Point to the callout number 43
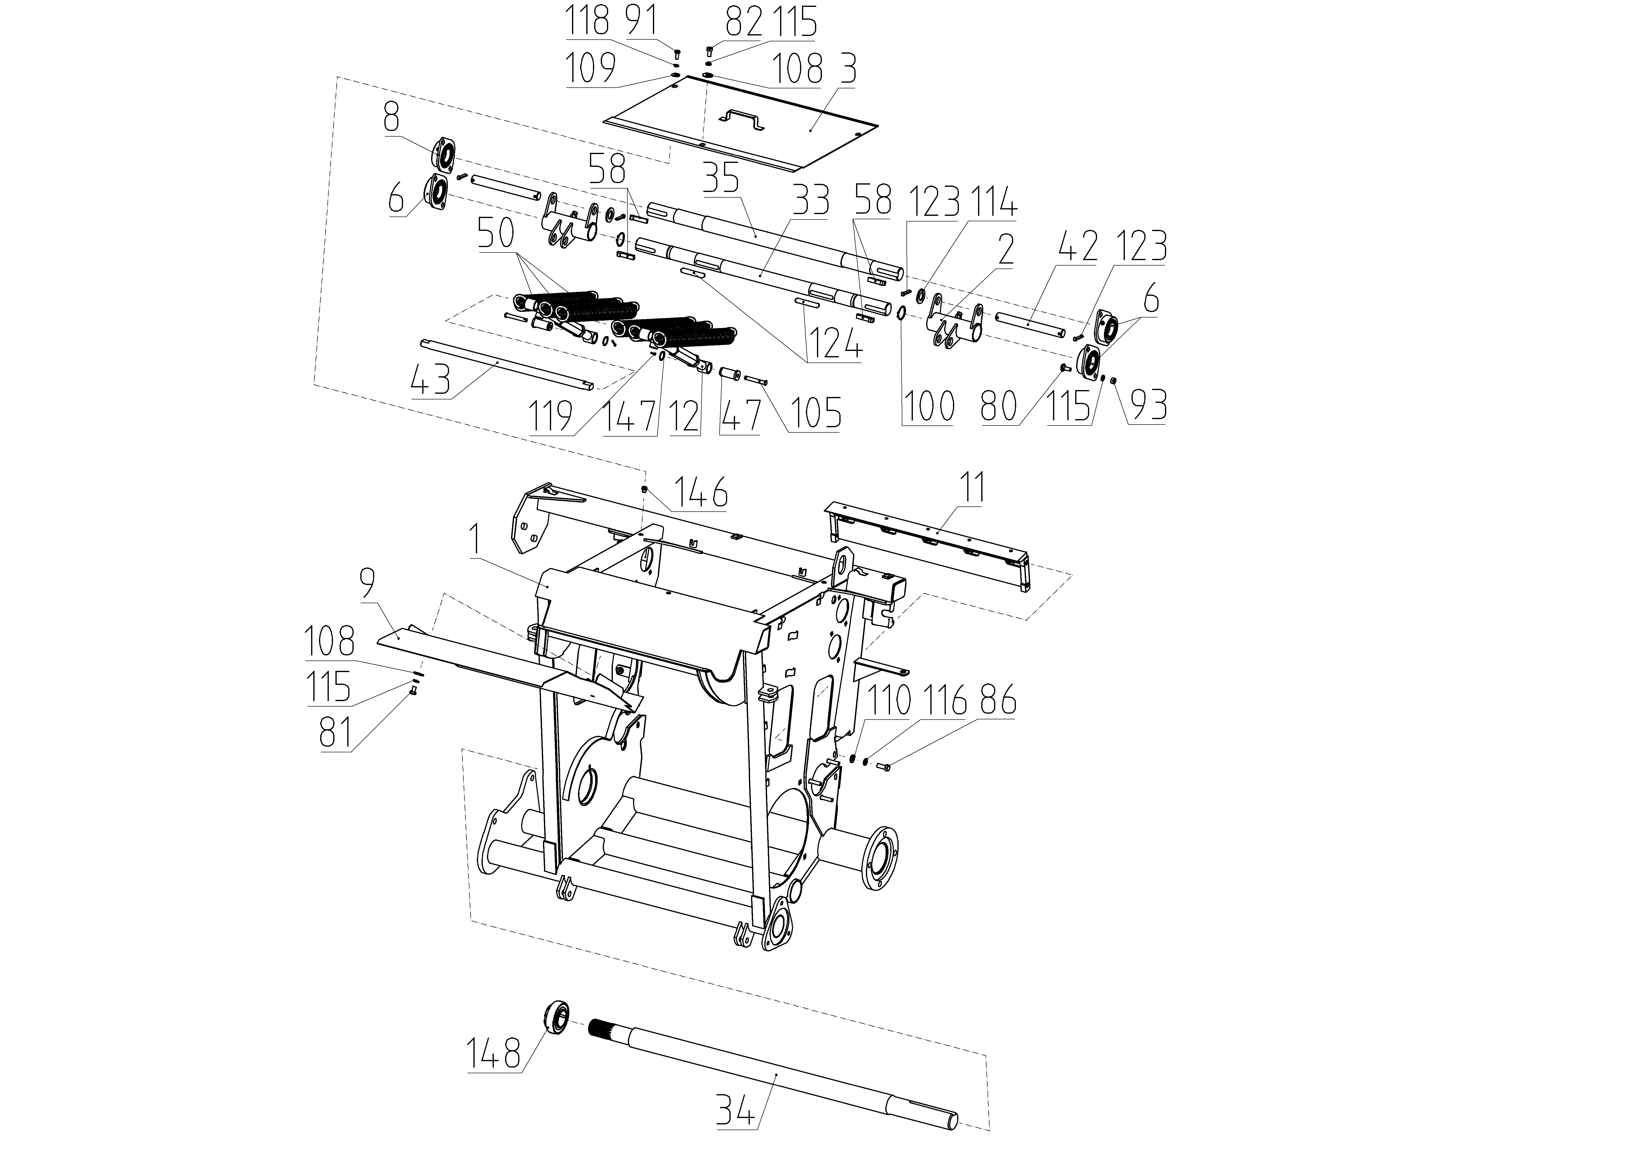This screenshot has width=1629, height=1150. tap(431, 382)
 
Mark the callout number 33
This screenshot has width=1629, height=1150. tap(811, 201)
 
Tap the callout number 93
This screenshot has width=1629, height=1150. tap(1147, 405)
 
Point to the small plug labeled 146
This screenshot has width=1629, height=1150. tap(644, 488)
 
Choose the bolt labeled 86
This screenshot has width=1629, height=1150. tap(883, 765)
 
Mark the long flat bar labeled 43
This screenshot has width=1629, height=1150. tap(508, 364)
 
